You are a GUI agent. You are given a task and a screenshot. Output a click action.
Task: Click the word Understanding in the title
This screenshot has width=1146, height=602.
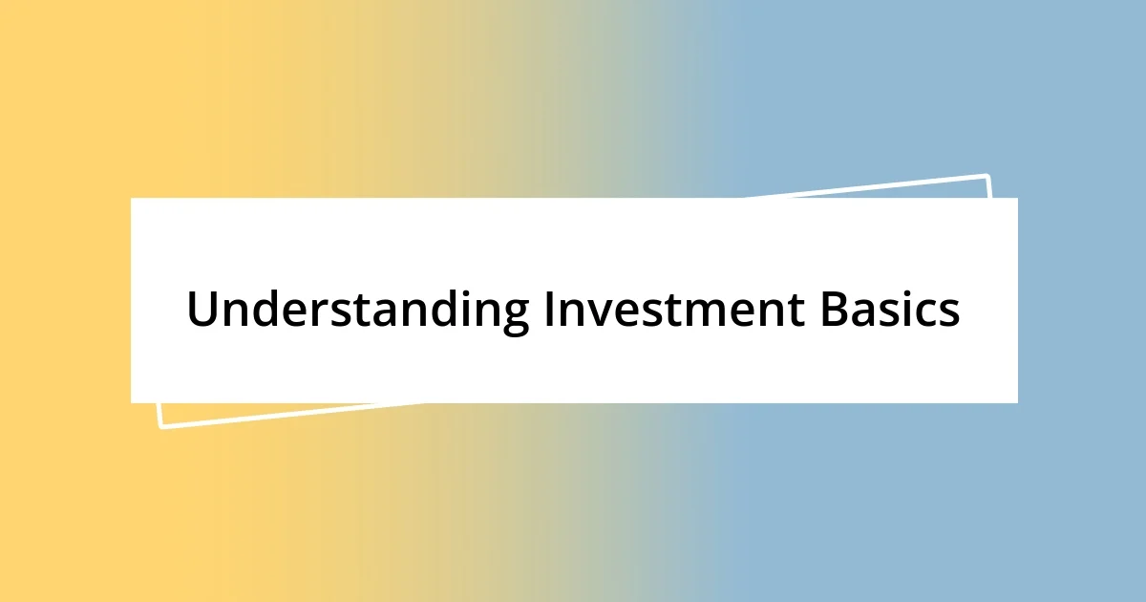[x=358, y=310]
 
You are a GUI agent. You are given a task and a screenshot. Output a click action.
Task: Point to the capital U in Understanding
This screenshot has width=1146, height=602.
[x=202, y=310]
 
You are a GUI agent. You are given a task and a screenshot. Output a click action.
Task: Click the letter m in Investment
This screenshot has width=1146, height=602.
[x=711, y=313]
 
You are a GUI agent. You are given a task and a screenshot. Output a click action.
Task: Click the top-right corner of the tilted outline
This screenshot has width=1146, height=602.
[x=987, y=176]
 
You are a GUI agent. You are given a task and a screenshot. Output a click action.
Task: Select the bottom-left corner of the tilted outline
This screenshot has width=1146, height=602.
[x=160, y=426]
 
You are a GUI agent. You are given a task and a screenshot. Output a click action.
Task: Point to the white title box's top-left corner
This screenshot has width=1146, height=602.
[x=132, y=199]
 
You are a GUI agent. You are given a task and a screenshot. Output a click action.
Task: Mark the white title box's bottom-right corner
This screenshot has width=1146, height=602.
[x=1017, y=402]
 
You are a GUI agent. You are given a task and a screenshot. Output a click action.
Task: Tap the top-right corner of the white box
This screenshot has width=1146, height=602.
[x=1017, y=199]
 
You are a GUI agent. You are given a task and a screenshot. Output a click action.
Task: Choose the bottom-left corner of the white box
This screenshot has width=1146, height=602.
[x=132, y=402]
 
